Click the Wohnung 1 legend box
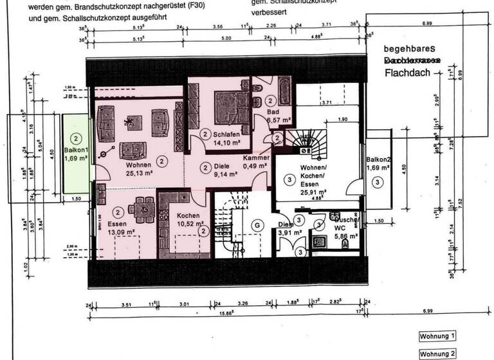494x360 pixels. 438,336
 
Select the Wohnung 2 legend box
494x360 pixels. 438,354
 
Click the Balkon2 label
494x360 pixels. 378,159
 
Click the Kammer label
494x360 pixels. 255,158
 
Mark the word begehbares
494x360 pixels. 410,48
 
